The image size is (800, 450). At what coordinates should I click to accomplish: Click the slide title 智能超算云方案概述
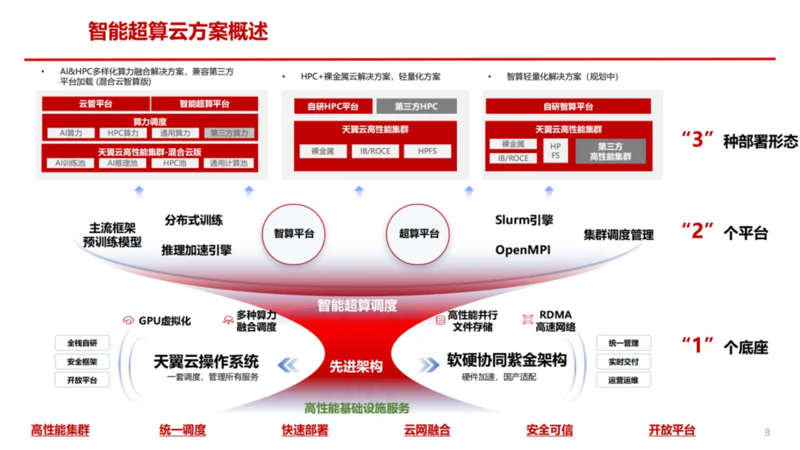pos(178,32)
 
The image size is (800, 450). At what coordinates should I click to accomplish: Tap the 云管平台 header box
pos(96,104)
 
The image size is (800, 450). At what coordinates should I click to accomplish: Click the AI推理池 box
pos(122,163)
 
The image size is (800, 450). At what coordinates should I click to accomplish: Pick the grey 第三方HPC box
pos(416,107)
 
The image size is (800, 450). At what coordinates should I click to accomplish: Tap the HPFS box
pos(427,151)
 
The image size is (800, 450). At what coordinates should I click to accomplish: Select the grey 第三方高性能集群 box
pos(610,152)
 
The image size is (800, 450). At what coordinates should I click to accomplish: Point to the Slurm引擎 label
pos(524,221)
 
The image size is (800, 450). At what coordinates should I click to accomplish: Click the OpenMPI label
pos(523,250)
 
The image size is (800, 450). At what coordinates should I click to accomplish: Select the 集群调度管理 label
pos(619,235)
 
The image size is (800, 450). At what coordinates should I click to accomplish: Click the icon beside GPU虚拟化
pos(128,320)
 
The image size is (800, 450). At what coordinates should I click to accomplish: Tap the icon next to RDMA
pos(527,319)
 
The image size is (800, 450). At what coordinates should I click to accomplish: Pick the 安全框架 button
pos(81,362)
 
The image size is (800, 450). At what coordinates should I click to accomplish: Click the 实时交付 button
pos(623,362)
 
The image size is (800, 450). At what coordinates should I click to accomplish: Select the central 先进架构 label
pos(356,366)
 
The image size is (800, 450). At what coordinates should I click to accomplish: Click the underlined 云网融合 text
pos(427,430)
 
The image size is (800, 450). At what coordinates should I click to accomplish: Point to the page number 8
pos(767,432)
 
